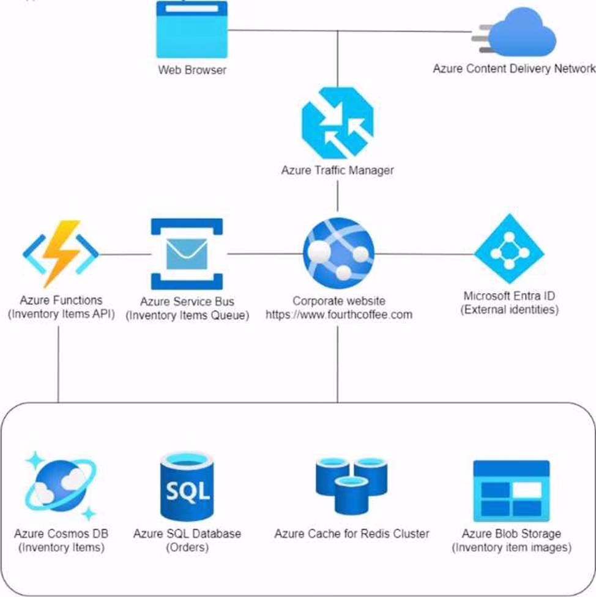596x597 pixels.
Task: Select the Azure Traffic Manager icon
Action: pos(337,122)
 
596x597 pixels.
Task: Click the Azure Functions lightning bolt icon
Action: pos(61,253)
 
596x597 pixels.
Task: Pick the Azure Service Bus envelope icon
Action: pos(187,253)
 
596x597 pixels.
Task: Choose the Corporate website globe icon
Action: pos(338,253)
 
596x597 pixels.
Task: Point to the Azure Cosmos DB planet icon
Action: pos(59,484)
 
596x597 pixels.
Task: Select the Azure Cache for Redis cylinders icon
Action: pos(351,484)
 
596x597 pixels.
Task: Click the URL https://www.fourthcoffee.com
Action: pos(338,315)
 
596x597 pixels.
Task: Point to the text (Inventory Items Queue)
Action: pos(187,316)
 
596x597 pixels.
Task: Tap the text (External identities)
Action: pos(509,310)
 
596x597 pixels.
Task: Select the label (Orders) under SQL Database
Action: pos(187,547)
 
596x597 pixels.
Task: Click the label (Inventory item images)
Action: pos(512,547)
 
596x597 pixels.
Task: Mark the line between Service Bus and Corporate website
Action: pos(263,253)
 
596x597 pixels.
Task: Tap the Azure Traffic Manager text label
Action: pos(337,170)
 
